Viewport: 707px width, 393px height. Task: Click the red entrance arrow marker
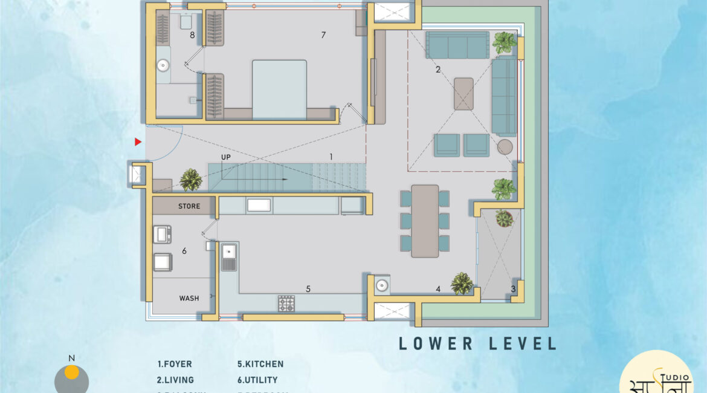138,142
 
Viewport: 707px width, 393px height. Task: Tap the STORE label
189,206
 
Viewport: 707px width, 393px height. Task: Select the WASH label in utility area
189,298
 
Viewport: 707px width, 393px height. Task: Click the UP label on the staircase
226,157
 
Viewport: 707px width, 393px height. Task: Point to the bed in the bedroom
279,89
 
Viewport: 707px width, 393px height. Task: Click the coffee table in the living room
463,94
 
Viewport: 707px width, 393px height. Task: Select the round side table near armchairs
505,146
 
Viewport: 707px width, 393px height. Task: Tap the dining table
425,221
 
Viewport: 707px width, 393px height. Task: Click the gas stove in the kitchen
286,304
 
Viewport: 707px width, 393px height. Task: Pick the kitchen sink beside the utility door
229,257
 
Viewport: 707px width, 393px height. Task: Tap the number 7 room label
323,35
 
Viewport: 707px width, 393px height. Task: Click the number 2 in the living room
438,70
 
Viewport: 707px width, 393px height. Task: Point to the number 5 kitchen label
308,289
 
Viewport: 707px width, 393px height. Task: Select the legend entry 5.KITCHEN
260,364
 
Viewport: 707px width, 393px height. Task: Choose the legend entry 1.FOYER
175,364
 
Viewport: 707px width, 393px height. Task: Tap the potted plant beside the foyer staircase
191,180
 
